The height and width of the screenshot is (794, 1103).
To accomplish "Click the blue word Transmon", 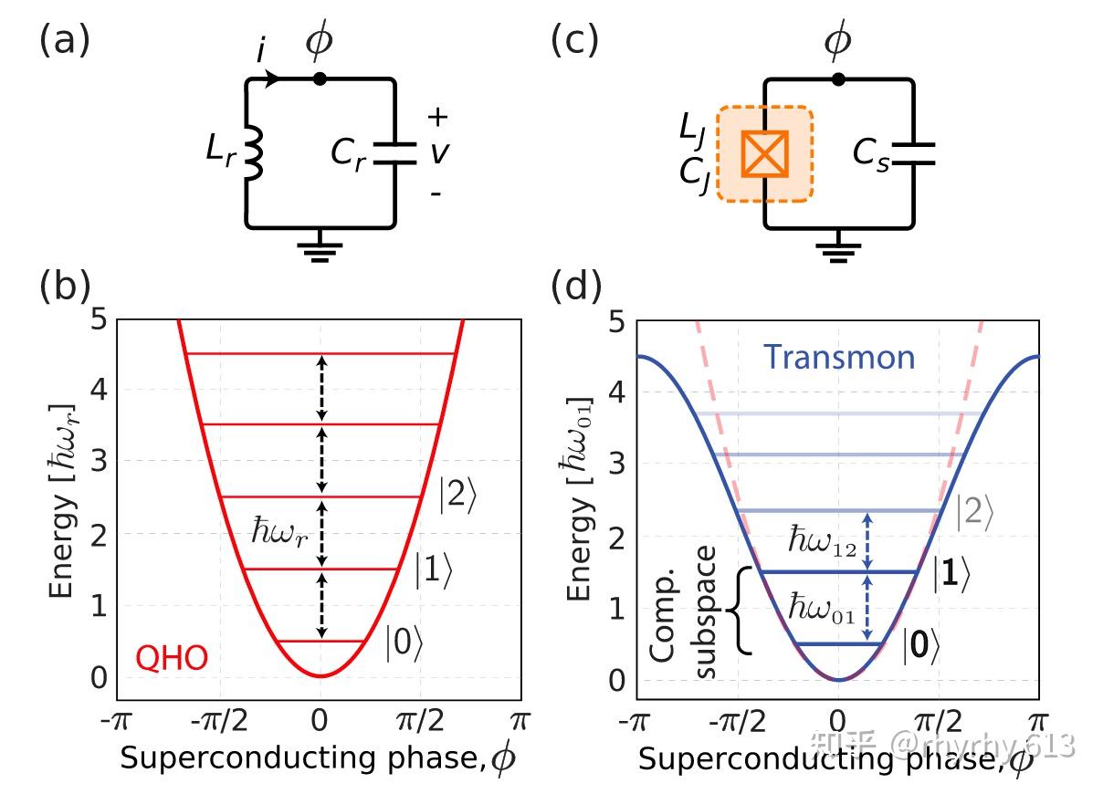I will pyautogui.click(x=839, y=357).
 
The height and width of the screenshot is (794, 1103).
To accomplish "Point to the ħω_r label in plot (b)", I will pyautogui.click(x=278, y=531).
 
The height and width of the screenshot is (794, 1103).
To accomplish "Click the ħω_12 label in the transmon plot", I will pyautogui.click(x=822, y=540).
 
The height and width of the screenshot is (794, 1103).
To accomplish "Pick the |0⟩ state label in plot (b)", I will pyautogui.click(x=404, y=643).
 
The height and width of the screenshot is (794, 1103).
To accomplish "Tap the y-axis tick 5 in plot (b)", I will pyautogui.click(x=101, y=319).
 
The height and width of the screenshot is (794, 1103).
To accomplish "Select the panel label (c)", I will pyautogui.click(x=576, y=42).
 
